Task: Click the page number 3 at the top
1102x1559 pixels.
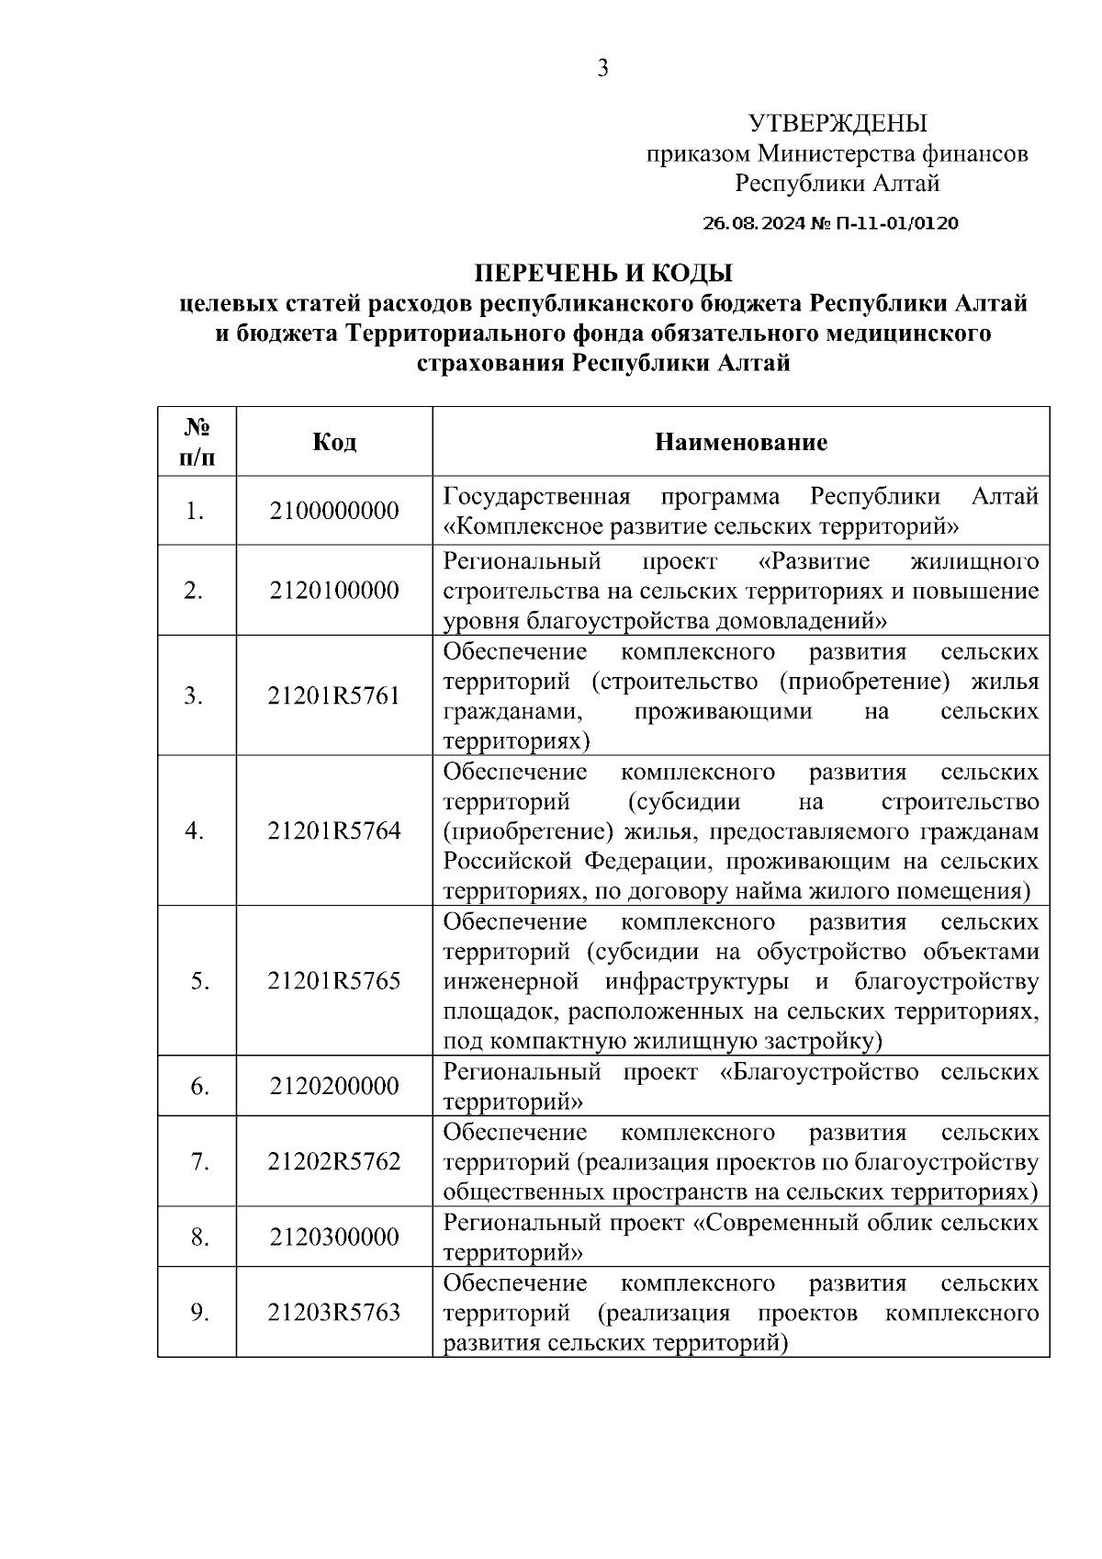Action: pos(602,68)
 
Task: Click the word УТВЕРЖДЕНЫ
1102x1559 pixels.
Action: pos(837,123)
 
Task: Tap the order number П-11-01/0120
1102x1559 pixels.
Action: pos(894,223)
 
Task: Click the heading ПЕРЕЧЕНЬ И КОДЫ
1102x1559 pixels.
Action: pos(602,274)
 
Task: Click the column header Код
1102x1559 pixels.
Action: pos(334,442)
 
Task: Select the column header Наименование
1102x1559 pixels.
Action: pos(740,442)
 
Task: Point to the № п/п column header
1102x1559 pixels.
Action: pos(197,442)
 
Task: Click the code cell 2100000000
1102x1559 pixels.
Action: pos(334,511)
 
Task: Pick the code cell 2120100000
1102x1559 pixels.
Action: pos(334,590)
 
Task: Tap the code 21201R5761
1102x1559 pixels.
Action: pos(334,695)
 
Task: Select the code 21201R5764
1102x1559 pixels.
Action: pos(334,831)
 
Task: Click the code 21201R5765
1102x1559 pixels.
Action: pos(334,981)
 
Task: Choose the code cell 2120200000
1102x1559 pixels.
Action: pos(334,1087)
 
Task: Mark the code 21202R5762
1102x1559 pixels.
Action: pos(334,1162)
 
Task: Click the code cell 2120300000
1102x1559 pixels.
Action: pos(334,1237)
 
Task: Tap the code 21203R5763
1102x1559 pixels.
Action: pos(334,1312)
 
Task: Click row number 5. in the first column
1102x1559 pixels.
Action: pos(197,981)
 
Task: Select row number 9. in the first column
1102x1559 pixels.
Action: pos(197,1312)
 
